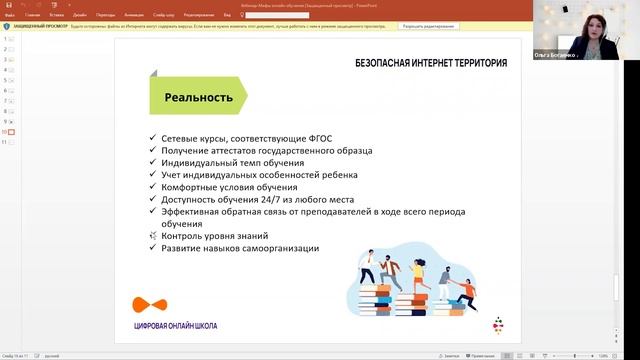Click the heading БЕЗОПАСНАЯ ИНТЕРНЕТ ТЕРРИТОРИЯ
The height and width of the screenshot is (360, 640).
(x=430, y=63)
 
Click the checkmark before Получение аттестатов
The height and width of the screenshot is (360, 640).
(x=151, y=150)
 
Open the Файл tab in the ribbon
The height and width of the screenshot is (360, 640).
(x=9, y=16)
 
